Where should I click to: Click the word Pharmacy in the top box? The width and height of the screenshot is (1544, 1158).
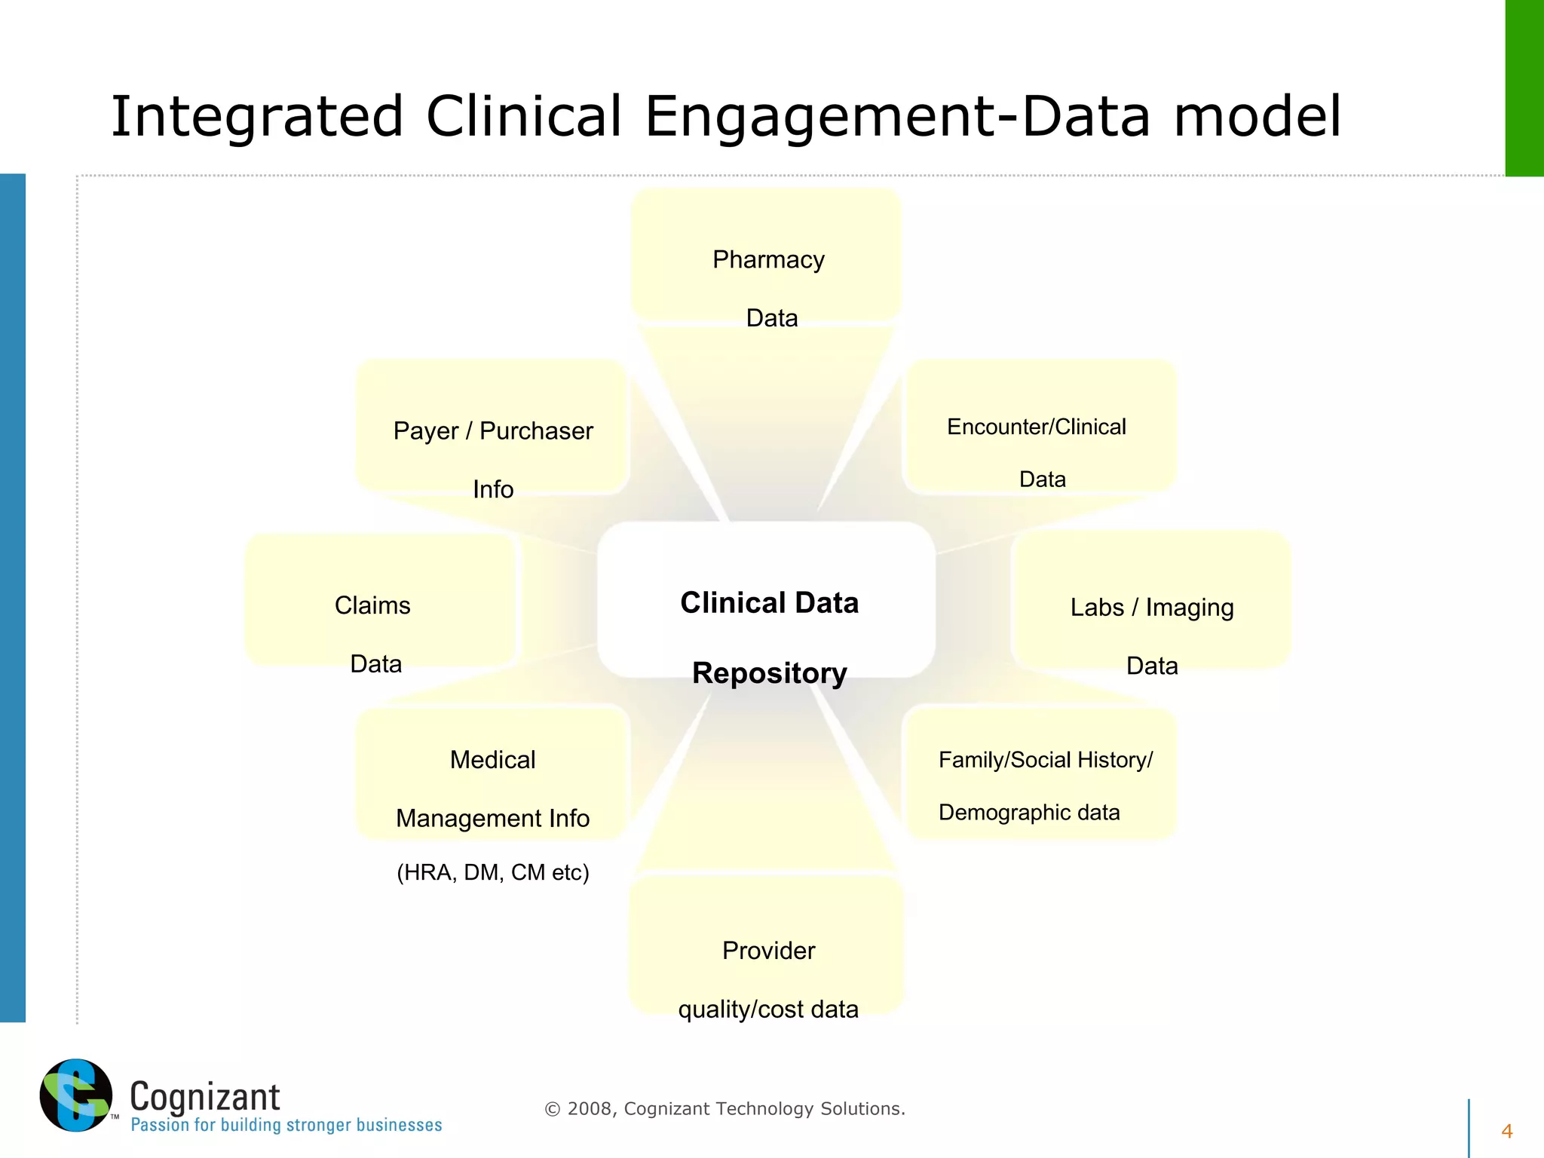(x=767, y=260)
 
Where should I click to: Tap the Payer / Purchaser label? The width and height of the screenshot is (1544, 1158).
(x=493, y=431)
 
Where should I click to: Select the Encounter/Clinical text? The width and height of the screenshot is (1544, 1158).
(x=1036, y=427)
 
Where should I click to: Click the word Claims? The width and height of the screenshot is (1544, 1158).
(x=372, y=605)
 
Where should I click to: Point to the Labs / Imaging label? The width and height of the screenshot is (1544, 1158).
(x=1151, y=608)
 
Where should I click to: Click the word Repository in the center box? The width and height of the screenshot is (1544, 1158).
(x=769, y=672)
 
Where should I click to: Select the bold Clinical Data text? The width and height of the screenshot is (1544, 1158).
(x=769, y=603)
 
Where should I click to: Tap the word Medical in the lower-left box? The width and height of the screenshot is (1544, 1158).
(x=492, y=760)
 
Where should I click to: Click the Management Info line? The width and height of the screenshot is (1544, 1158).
(x=492, y=818)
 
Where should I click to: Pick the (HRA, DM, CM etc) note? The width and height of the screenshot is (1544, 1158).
(x=492, y=872)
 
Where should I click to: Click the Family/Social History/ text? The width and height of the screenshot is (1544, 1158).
(x=1045, y=760)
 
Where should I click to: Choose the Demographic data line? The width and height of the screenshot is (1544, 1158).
(x=1028, y=813)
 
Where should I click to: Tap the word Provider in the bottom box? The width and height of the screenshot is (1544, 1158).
(x=768, y=951)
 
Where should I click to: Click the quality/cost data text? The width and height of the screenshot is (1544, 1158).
(x=768, y=1009)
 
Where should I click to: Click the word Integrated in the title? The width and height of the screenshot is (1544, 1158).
(x=256, y=117)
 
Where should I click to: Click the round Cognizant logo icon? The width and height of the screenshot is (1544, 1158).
(x=75, y=1095)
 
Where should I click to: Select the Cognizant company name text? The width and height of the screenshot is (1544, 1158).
(x=204, y=1097)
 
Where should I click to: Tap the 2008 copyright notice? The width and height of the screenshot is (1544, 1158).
(x=724, y=1109)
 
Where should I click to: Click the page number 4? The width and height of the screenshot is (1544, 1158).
(x=1506, y=1131)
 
